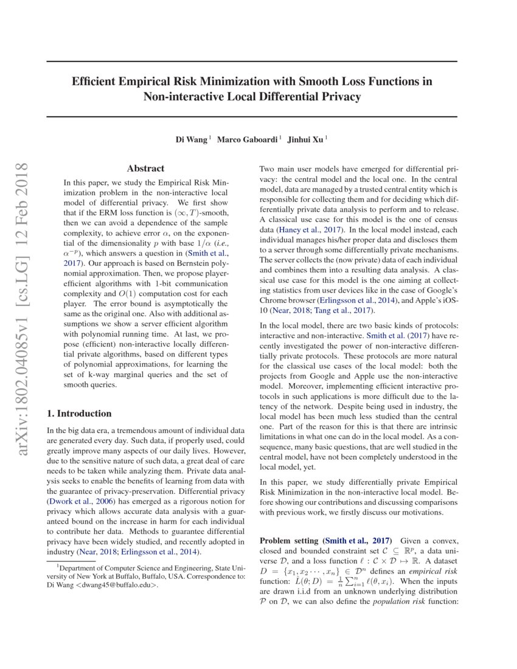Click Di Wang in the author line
click(x=192, y=139)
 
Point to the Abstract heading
click(x=145, y=168)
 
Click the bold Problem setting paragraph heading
click(x=289, y=541)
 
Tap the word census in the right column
click(x=446, y=220)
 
